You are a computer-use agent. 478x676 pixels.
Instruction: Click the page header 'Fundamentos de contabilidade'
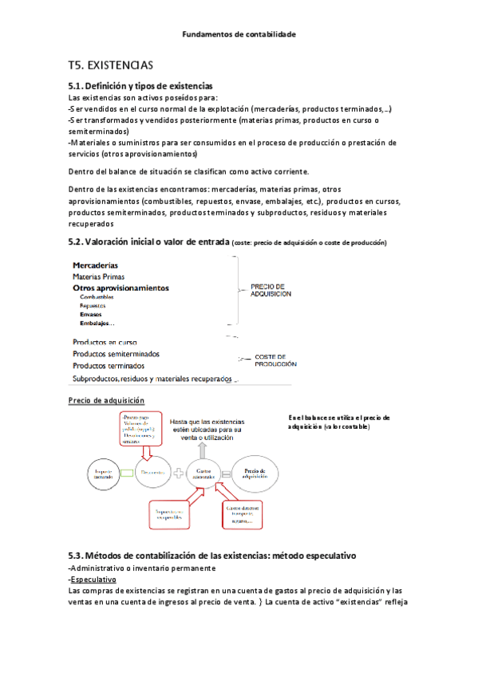tap(239, 34)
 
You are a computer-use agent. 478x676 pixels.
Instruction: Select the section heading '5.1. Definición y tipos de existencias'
tap(140, 85)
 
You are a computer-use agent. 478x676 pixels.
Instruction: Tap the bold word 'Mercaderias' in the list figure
tap(96, 265)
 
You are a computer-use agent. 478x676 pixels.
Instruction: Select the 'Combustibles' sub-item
tap(97, 297)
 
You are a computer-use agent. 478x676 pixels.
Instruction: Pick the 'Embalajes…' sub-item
tap(97, 323)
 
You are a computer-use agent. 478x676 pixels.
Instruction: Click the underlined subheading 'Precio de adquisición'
tap(107, 400)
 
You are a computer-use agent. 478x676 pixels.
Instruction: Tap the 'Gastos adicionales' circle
tap(203, 473)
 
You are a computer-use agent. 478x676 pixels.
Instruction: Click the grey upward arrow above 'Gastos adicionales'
tap(202, 448)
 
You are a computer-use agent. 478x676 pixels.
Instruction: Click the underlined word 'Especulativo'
tap(93, 580)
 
